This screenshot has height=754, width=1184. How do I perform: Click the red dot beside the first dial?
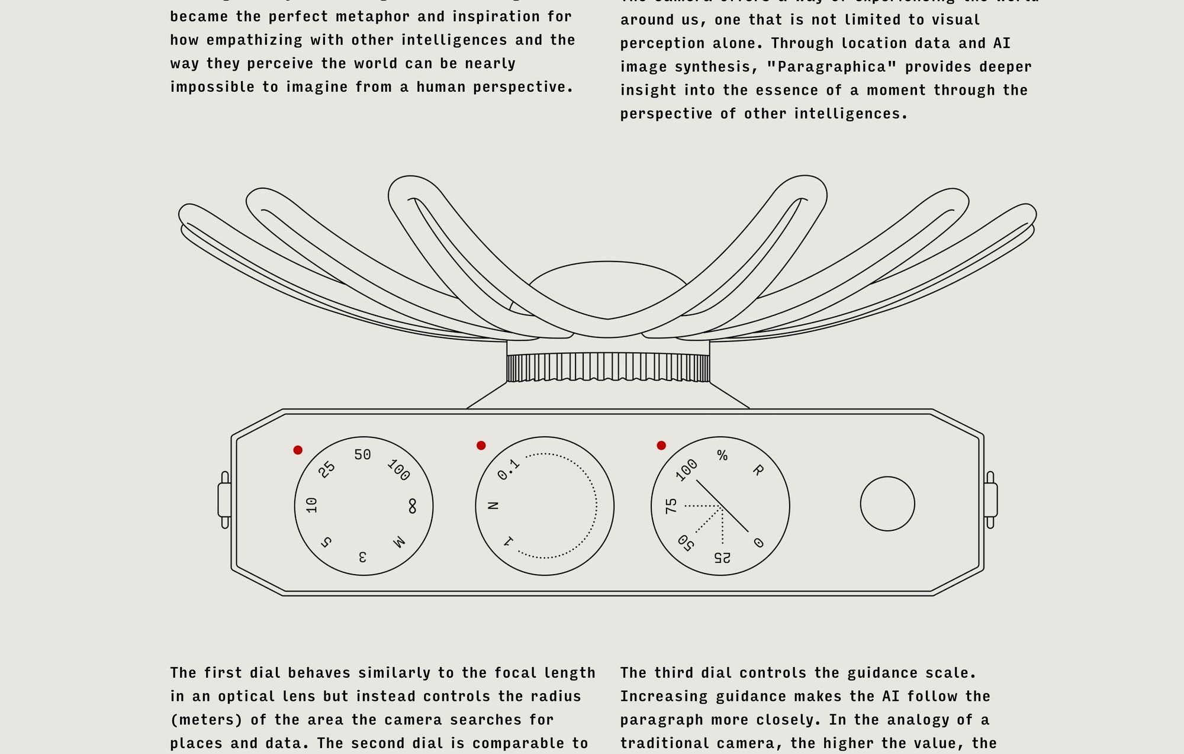[x=298, y=450]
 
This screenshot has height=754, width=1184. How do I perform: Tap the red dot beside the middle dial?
[x=481, y=446]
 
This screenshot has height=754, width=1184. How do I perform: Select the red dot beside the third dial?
[x=661, y=446]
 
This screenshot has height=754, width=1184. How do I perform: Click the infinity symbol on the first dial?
[x=412, y=507]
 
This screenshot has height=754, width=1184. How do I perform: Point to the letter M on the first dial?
[x=399, y=542]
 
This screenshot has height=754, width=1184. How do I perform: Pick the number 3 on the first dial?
[x=362, y=556]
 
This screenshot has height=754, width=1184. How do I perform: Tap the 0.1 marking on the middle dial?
[x=509, y=469]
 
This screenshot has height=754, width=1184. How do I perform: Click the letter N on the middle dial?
[x=493, y=505]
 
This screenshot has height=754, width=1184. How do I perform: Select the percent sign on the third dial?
[x=722, y=455]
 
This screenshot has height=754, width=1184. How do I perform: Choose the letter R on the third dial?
[x=758, y=471]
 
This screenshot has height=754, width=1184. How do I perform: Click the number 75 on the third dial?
[x=671, y=506]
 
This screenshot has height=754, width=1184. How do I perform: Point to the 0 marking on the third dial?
[x=758, y=543]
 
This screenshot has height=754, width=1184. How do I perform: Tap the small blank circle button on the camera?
[x=887, y=504]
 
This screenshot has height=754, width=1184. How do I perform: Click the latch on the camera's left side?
[x=224, y=500]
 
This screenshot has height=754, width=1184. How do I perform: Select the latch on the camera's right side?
[x=990, y=500]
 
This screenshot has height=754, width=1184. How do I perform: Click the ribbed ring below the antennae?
[x=608, y=368]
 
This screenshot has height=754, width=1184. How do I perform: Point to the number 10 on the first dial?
[x=312, y=505]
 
